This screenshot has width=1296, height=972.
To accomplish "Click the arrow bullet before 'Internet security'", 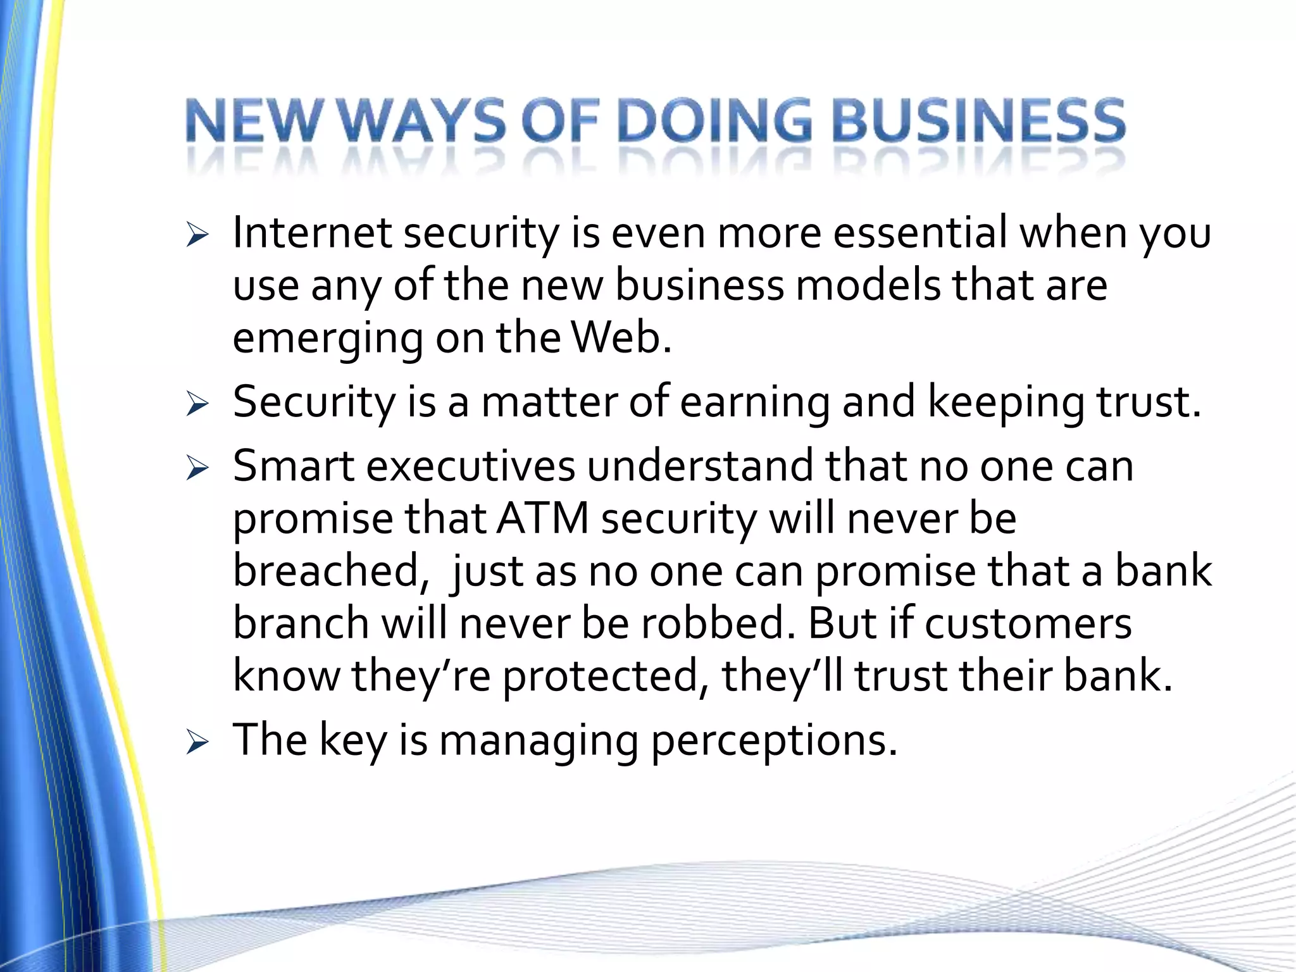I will click(x=197, y=237).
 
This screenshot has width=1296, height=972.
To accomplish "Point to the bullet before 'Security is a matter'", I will click(x=197, y=405).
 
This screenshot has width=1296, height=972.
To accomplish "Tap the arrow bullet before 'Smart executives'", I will click(x=197, y=469).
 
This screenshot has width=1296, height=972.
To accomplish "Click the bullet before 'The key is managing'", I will click(x=197, y=743).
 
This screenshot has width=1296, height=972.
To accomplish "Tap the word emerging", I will click(x=328, y=340).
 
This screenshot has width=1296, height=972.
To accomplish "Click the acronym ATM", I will click(x=543, y=519).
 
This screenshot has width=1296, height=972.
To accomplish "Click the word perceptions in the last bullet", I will click(x=773, y=742).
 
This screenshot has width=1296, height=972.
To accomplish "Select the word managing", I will click(x=539, y=742).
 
